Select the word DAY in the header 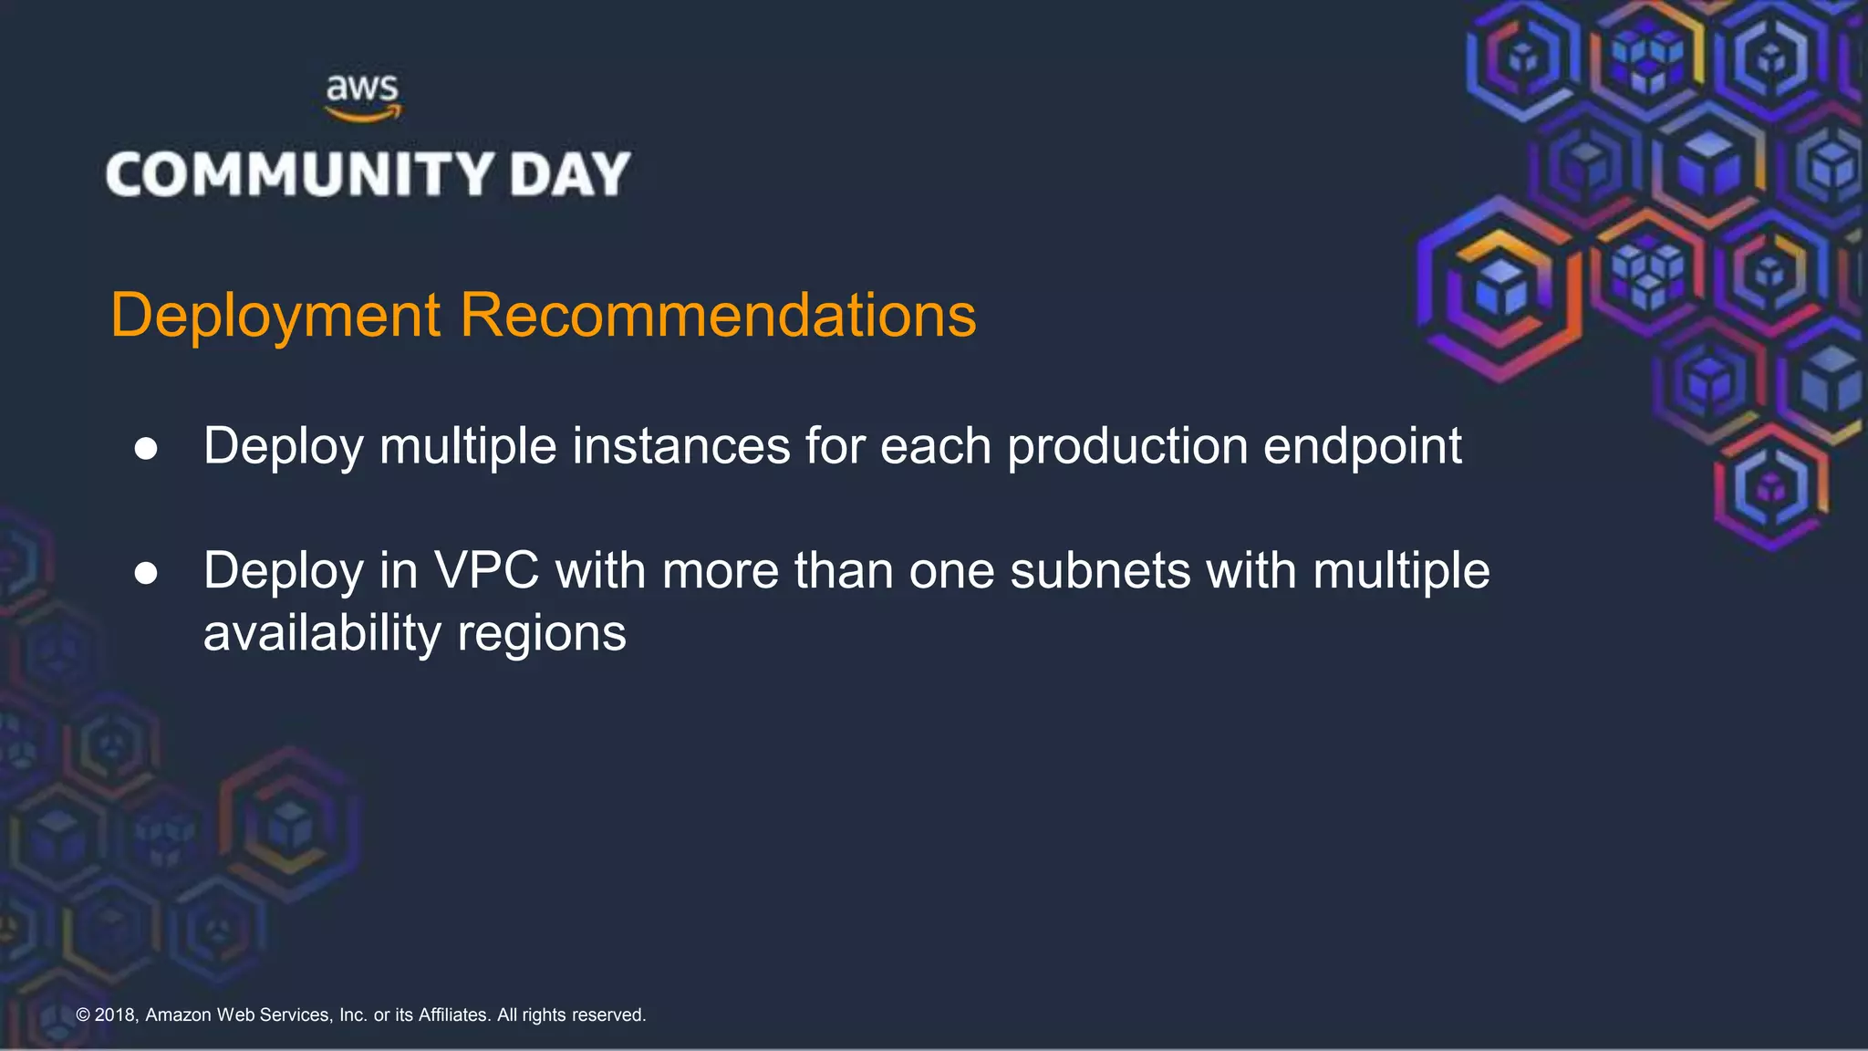[570, 174]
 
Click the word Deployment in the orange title [275, 316]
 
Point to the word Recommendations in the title [718, 316]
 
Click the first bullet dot [146, 449]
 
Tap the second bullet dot [146, 573]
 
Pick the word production [1127, 446]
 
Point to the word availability [322, 634]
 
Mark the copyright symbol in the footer [83, 1015]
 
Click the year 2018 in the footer [116, 1015]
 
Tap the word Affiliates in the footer [453, 1015]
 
